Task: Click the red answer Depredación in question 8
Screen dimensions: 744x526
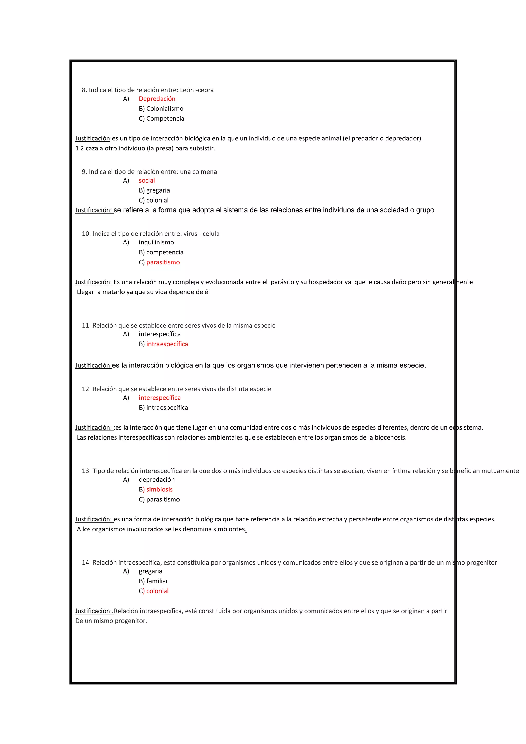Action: click(157, 99)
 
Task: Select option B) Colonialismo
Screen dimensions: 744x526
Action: click(161, 109)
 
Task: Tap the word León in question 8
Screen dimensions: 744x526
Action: click(187, 90)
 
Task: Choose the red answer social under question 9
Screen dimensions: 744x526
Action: click(147, 180)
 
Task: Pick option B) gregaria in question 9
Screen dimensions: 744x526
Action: click(154, 190)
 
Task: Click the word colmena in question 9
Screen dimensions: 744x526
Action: click(204, 172)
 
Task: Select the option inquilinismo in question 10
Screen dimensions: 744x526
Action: click(156, 242)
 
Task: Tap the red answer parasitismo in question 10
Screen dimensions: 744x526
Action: click(163, 262)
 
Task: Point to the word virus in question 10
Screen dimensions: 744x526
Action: click(190, 234)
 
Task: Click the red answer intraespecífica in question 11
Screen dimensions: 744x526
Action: click(167, 344)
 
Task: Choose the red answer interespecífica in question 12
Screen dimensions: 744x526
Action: click(160, 398)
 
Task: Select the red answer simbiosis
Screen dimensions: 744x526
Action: click(159, 489)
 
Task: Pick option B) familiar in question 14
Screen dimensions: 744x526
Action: click(154, 581)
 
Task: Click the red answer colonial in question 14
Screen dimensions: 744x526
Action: click(157, 591)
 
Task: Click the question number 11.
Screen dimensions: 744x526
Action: click(86, 325)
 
